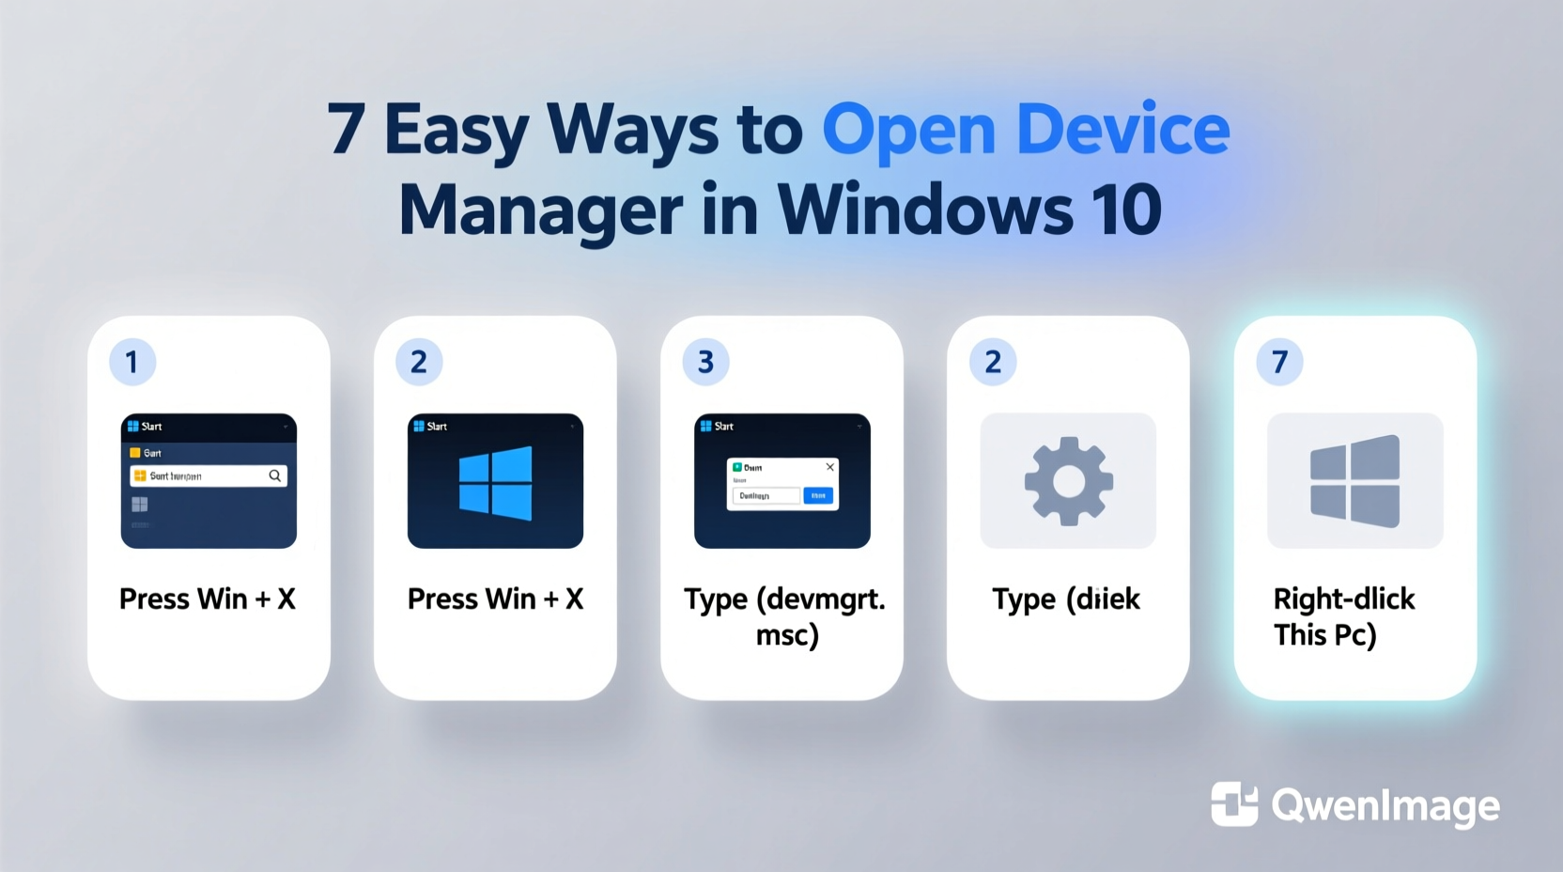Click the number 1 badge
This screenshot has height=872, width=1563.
tap(132, 362)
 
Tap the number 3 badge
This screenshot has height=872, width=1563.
tap(706, 362)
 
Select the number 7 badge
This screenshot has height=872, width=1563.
tap(1279, 362)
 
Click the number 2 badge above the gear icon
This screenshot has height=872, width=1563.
tap(993, 362)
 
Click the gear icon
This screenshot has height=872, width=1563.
tap(1068, 480)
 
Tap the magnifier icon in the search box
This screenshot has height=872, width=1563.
tap(275, 476)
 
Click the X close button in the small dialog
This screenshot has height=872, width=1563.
tap(829, 467)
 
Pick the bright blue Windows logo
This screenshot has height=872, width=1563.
tap(495, 482)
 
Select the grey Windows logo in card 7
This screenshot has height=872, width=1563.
tap(1354, 480)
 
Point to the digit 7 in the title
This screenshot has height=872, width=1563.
tap(346, 130)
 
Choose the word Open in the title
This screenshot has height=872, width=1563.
tap(908, 132)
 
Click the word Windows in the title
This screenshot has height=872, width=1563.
tap(925, 210)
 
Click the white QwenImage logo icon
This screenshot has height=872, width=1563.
tap(1234, 804)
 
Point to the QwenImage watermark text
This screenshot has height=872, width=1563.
tap(1385, 806)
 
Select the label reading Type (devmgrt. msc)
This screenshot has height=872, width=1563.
tap(785, 616)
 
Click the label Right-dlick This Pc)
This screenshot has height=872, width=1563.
tap(1343, 616)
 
